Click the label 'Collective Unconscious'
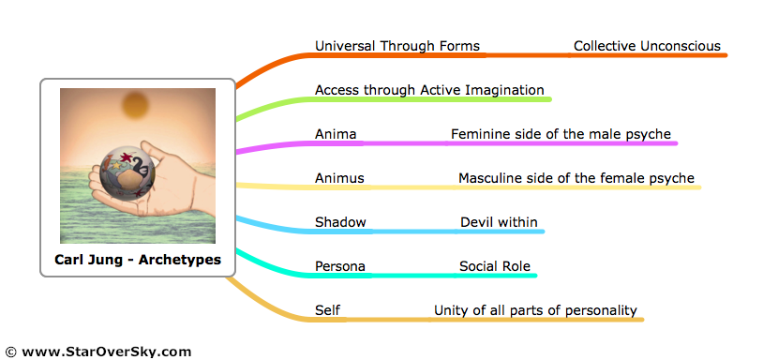pyautogui.click(x=647, y=46)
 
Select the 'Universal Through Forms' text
pyautogui.click(x=397, y=46)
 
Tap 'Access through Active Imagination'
pyautogui.click(x=429, y=91)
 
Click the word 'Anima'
pyautogui.click(x=336, y=134)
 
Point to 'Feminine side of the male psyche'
pyautogui.click(x=561, y=135)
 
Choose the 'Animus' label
pyautogui.click(x=339, y=178)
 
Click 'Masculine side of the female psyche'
pyautogui.click(x=576, y=178)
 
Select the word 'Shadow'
pyautogui.click(x=340, y=222)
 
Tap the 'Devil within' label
pyautogui.click(x=499, y=222)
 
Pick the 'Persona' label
pyautogui.click(x=340, y=266)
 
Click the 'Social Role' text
pyautogui.click(x=495, y=266)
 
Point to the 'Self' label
pyautogui.click(x=327, y=310)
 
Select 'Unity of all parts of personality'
pyautogui.click(x=535, y=311)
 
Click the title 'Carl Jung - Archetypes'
pyautogui.click(x=138, y=260)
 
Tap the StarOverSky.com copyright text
pyautogui.click(x=98, y=352)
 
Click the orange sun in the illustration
pyautogui.click(x=135, y=106)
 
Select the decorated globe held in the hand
pyautogui.click(x=127, y=175)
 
